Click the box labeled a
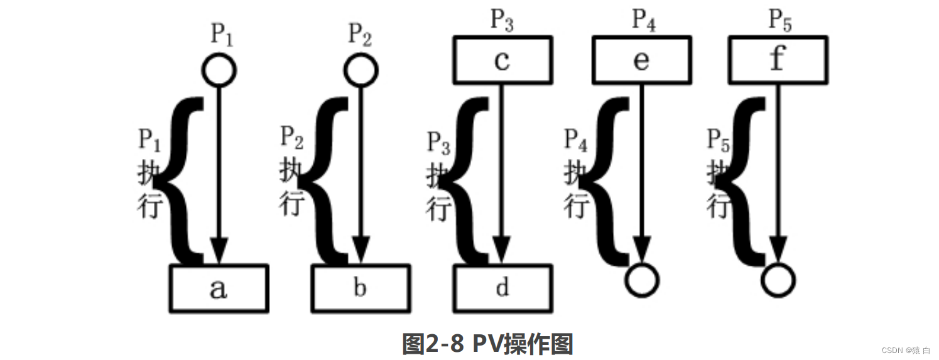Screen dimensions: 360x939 tap(219, 288)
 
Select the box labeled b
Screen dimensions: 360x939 tap(361, 288)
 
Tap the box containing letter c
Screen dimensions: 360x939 tap(502, 60)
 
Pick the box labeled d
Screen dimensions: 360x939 tap(502, 288)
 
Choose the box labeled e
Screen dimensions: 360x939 tap(641, 60)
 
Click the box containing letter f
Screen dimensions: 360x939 tap(778, 60)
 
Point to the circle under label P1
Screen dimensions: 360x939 tap(219, 70)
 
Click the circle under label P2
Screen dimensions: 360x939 tap(361, 70)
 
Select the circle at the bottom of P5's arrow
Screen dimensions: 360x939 tap(778, 280)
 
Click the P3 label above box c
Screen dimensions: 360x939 tap(502, 20)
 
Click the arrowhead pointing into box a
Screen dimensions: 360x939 tap(219, 251)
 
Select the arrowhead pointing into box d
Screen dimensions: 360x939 tap(502, 251)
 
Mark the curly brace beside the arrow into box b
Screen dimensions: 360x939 tap(327, 180)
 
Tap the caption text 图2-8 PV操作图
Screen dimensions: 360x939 tap(487, 343)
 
